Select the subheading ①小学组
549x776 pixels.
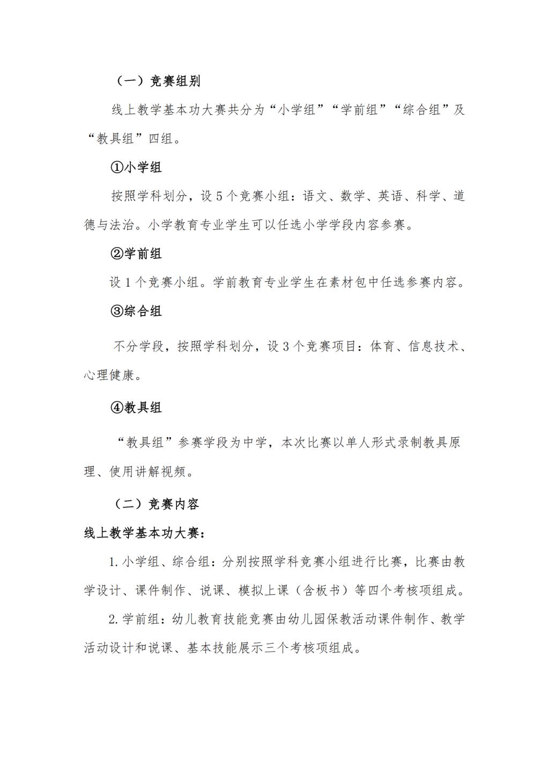pyautogui.click(x=136, y=167)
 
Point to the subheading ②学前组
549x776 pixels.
pyautogui.click(x=136, y=253)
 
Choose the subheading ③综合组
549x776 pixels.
pyautogui.click(x=136, y=311)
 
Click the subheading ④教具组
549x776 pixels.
pyautogui.click(x=136, y=408)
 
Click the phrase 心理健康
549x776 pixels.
pyautogui.click(x=109, y=375)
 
